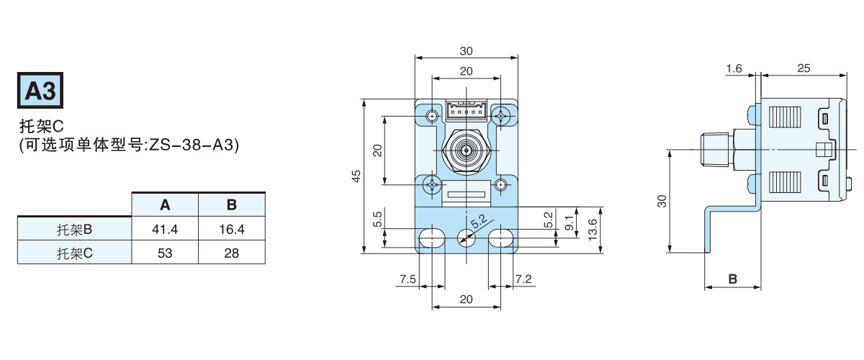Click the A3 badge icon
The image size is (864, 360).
(x=41, y=91)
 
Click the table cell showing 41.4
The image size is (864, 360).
(x=165, y=230)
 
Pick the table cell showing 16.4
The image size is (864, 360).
(x=232, y=230)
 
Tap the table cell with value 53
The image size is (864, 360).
(x=165, y=253)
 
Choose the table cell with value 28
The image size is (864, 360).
(x=232, y=253)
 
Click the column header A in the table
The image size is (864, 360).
(x=165, y=205)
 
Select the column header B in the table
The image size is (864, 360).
(x=232, y=205)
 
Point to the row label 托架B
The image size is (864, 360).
(x=75, y=230)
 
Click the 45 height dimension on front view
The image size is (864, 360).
(x=356, y=176)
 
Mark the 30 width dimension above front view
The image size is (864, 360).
(x=466, y=51)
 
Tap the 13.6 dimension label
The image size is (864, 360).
(x=592, y=229)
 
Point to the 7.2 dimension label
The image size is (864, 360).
(x=523, y=279)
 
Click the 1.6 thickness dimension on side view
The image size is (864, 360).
(x=734, y=68)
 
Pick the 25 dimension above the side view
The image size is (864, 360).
(x=804, y=68)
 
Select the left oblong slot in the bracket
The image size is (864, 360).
(x=433, y=238)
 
